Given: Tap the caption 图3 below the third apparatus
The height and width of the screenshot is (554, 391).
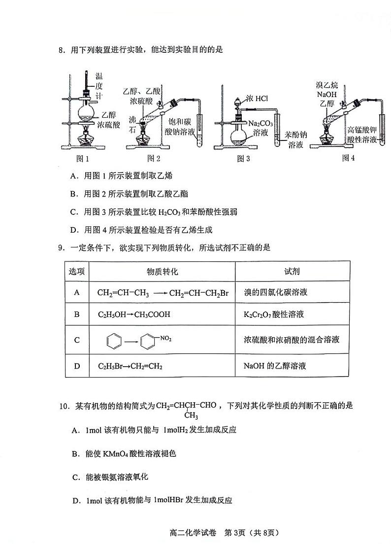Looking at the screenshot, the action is (243, 159).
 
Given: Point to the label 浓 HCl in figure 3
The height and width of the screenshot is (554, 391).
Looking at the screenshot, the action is (257, 99).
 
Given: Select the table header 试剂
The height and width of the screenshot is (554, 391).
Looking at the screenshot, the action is (292, 272).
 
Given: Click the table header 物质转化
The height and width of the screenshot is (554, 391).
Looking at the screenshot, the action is (162, 272).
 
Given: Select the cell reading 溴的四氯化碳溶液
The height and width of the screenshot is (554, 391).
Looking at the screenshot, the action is (276, 292).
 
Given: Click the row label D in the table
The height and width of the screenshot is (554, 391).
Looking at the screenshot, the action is (77, 366).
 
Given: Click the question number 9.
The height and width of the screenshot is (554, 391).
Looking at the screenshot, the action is (62, 248).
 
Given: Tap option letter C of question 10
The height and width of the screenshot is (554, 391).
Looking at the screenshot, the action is (75, 477).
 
